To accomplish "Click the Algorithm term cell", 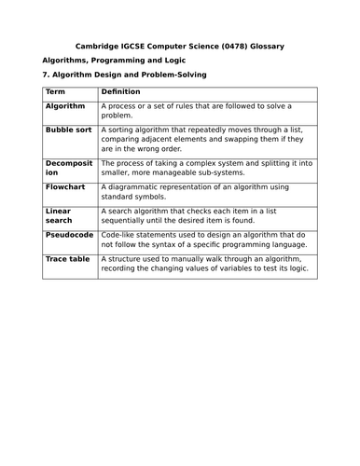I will tap(66, 107).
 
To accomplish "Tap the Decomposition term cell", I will tap(68, 168).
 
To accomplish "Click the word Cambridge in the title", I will tap(96, 47).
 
